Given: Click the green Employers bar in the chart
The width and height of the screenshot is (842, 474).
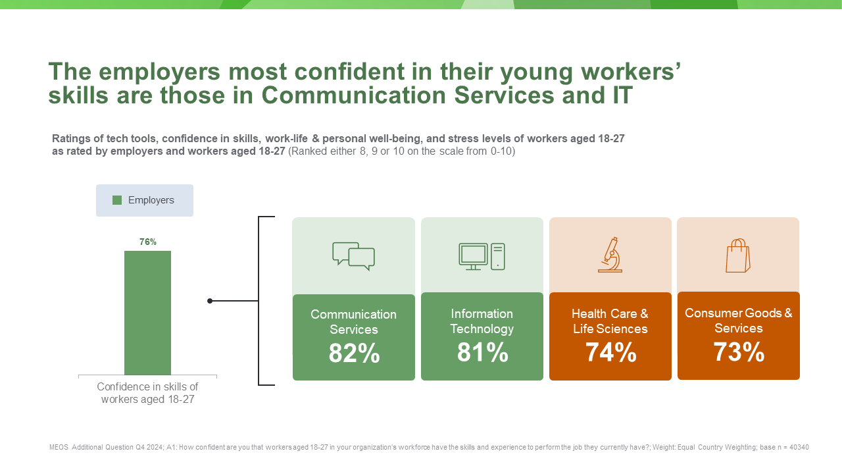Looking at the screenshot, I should pyautogui.click(x=147, y=313).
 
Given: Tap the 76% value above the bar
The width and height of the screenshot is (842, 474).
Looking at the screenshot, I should pyautogui.click(x=148, y=242).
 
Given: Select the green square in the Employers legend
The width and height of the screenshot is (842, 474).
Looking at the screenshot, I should pyautogui.click(x=117, y=200).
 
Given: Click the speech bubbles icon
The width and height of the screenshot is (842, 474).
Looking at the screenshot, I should pyautogui.click(x=353, y=256).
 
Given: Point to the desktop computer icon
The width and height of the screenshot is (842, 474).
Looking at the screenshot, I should pyautogui.click(x=482, y=256).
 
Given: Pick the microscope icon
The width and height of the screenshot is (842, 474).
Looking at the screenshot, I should pyautogui.click(x=610, y=255).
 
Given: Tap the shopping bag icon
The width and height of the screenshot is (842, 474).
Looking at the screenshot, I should pyautogui.click(x=738, y=255).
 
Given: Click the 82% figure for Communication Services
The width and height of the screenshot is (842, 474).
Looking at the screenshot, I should pyautogui.click(x=354, y=354).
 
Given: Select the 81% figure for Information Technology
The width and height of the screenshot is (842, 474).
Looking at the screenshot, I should pyautogui.click(x=482, y=353).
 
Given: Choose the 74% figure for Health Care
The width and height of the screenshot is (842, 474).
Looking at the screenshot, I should pyautogui.click(x=610, y=353).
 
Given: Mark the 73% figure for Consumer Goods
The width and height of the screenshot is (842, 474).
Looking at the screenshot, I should pyautogui.click(x=739, y=352).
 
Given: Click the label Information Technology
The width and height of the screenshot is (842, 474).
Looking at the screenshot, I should pyautogui.click(x=482, y=321).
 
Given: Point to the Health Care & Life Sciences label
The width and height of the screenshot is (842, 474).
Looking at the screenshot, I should pyautogui.click(x=610, y=321).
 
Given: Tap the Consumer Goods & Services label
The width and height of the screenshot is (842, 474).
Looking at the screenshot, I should pyautogui.click(x=739, y=321).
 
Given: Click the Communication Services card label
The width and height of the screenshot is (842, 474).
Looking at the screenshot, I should pyautogui.click(x=354, y=322).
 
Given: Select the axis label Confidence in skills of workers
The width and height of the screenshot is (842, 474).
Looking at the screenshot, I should pyautogui.click(x=147, y=393).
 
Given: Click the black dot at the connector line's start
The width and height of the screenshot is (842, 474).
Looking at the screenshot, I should pyautogui.click(x=210, y=301).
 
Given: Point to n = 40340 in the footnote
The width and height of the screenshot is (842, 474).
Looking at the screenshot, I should pyautogui.click(x=791, y=448).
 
